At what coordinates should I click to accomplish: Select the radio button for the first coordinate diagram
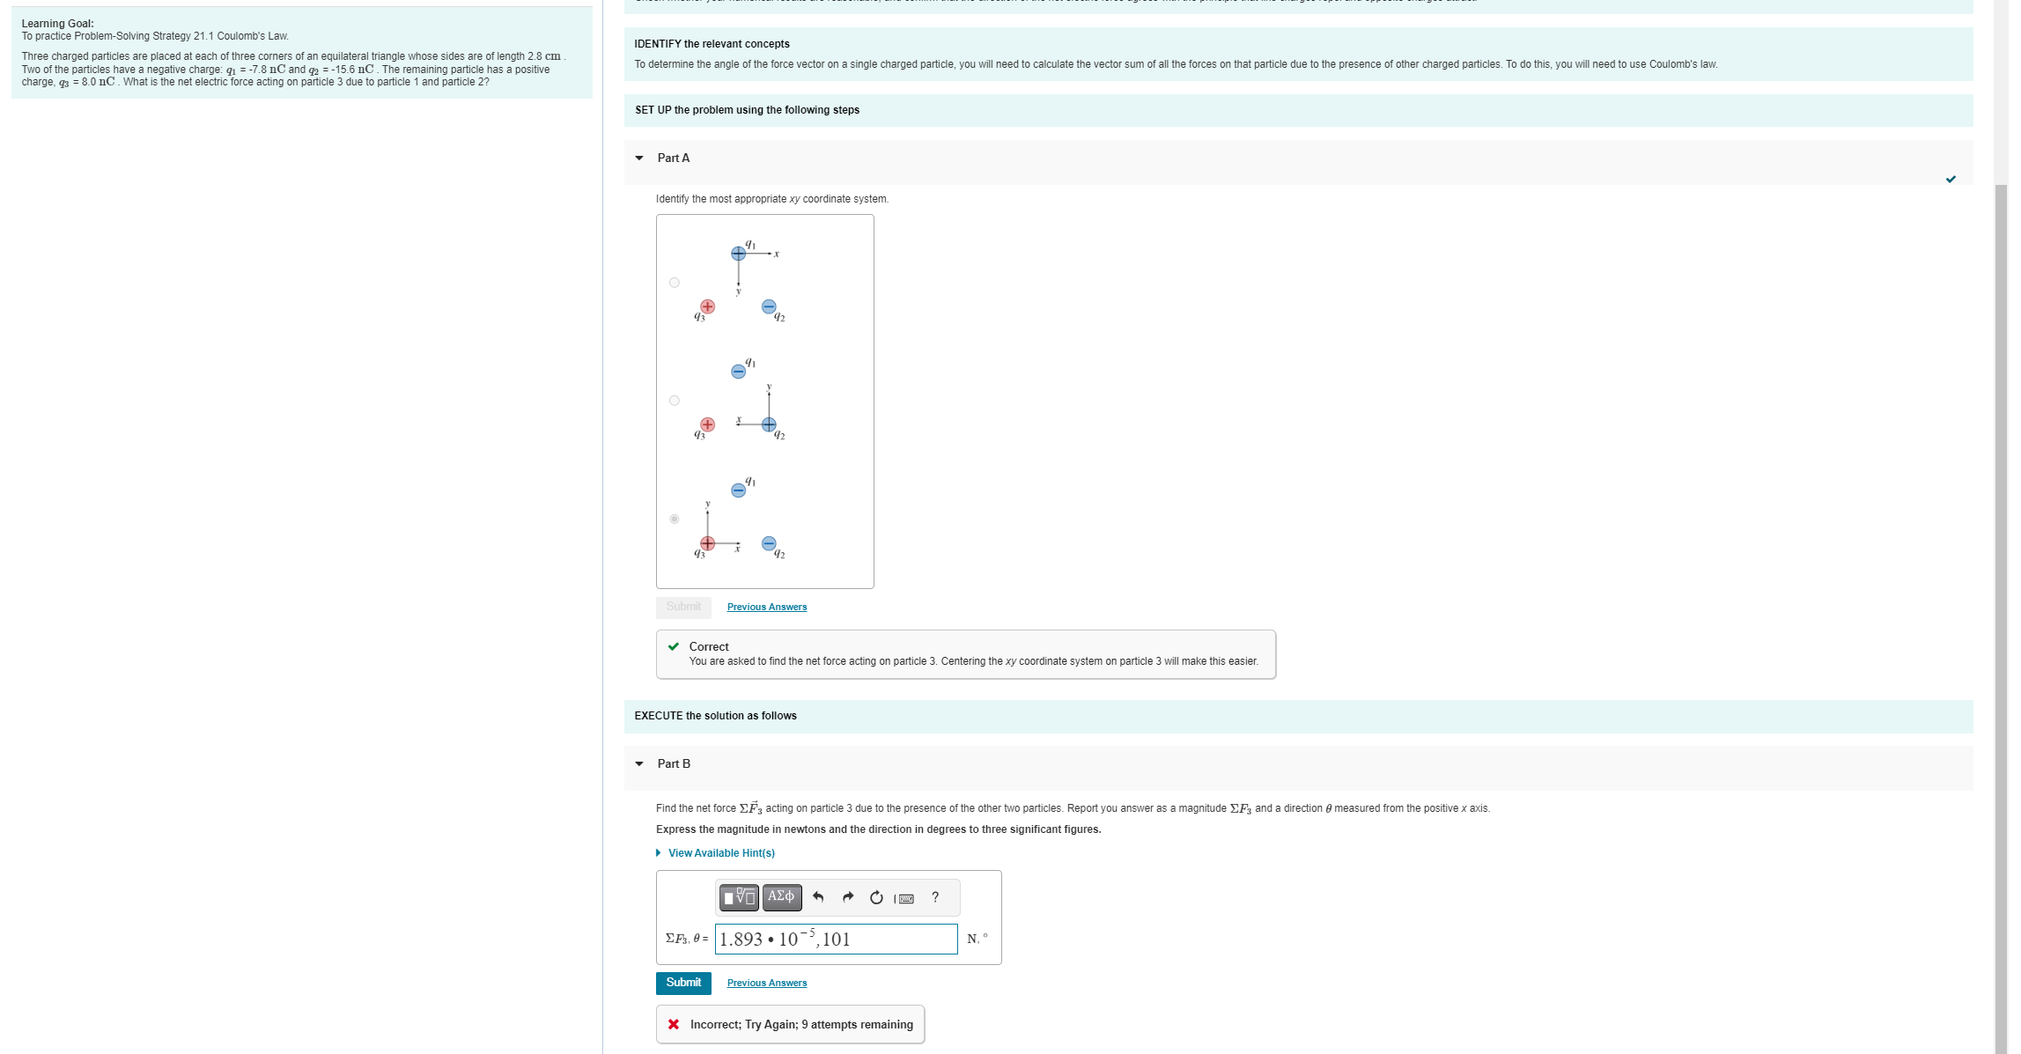(x=675, y=283)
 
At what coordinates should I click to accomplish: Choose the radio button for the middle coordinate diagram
(x=675, y=401)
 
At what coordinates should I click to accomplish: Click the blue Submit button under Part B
(x=683, y=983)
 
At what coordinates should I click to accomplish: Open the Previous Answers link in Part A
(x=766, y=607)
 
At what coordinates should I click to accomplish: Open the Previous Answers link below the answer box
(x=766, y=983)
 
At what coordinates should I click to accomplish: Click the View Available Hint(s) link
(x=720, y=853)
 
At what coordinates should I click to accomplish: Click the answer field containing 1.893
(x=835, y=940)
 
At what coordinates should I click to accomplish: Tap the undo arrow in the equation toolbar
(x=818, y=897)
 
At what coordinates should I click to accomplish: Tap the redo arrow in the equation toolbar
(x=848, y=897)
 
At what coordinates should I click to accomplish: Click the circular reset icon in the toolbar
(x=876, y=897)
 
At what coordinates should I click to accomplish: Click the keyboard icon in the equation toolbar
(x=904, y=898)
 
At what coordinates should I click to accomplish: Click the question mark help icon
(x=935, y=897)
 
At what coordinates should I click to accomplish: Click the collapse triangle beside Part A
(x=639, y=158)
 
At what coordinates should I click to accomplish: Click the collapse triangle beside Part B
(x=639, y=764)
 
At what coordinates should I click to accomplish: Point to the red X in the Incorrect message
(x=674, y=1024)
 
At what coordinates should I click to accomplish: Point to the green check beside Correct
(x=674, y=646)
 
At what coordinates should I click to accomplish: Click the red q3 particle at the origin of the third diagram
(x=707, y=543)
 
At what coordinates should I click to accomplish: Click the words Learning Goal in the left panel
(x=58, y=24)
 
